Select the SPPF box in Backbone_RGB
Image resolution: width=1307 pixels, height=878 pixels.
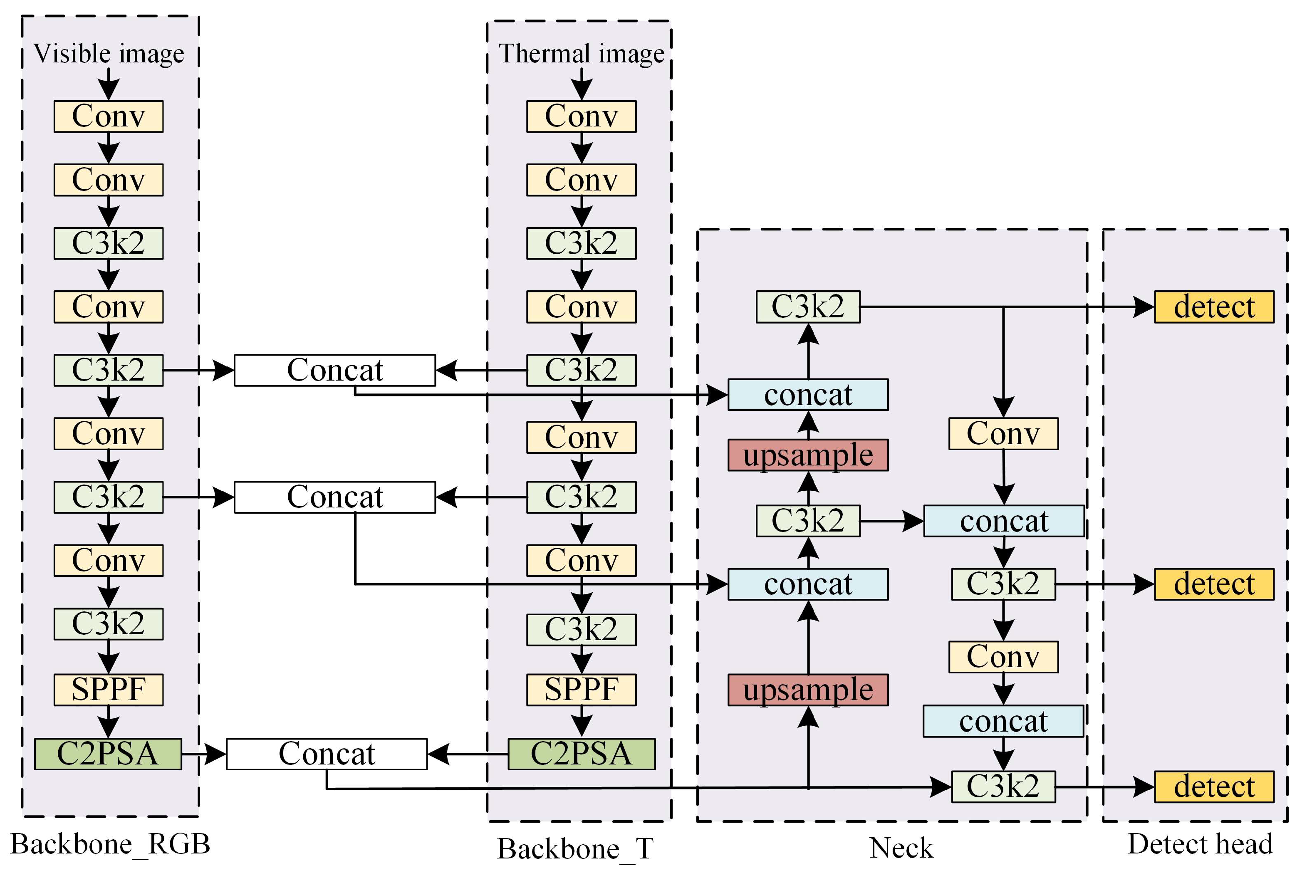tap(108, 689)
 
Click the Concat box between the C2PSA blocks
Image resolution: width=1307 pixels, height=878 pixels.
tap(327, 754)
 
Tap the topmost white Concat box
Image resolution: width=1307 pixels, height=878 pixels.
tap(334, 370)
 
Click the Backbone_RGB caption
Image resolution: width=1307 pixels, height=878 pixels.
tap(110, 844)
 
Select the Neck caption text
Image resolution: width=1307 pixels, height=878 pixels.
tap(901, 848)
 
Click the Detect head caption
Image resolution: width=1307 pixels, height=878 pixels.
tap(1200, 844)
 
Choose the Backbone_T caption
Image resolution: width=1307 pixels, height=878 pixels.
tap(575, 849)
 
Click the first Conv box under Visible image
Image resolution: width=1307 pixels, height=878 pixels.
tap(108, 116)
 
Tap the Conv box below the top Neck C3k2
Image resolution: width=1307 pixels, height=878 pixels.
tap(1003, 433)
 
